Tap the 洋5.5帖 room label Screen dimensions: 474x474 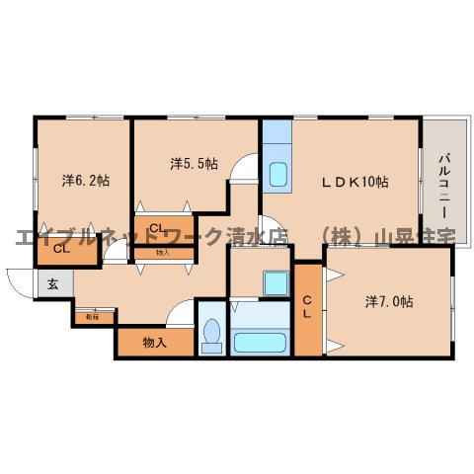[194, 161]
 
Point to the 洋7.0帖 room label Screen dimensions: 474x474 [389, 301]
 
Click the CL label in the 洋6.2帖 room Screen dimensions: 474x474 [61, 249]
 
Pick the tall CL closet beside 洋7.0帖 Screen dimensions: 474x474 [307, 308]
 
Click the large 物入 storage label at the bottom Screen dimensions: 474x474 [154, 343]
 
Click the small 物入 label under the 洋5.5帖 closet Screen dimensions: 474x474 [162, 254]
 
